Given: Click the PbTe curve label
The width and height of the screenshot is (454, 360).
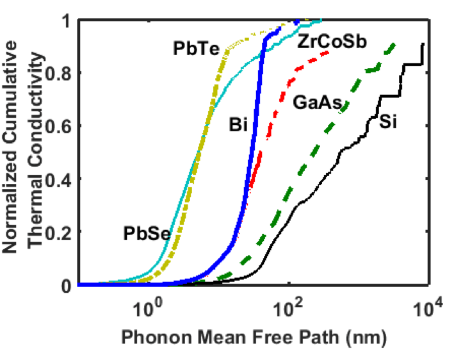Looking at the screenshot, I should (193, 49).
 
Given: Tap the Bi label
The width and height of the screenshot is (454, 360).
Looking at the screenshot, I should (238, 124).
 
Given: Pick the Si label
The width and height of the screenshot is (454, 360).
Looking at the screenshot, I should (387, 120).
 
